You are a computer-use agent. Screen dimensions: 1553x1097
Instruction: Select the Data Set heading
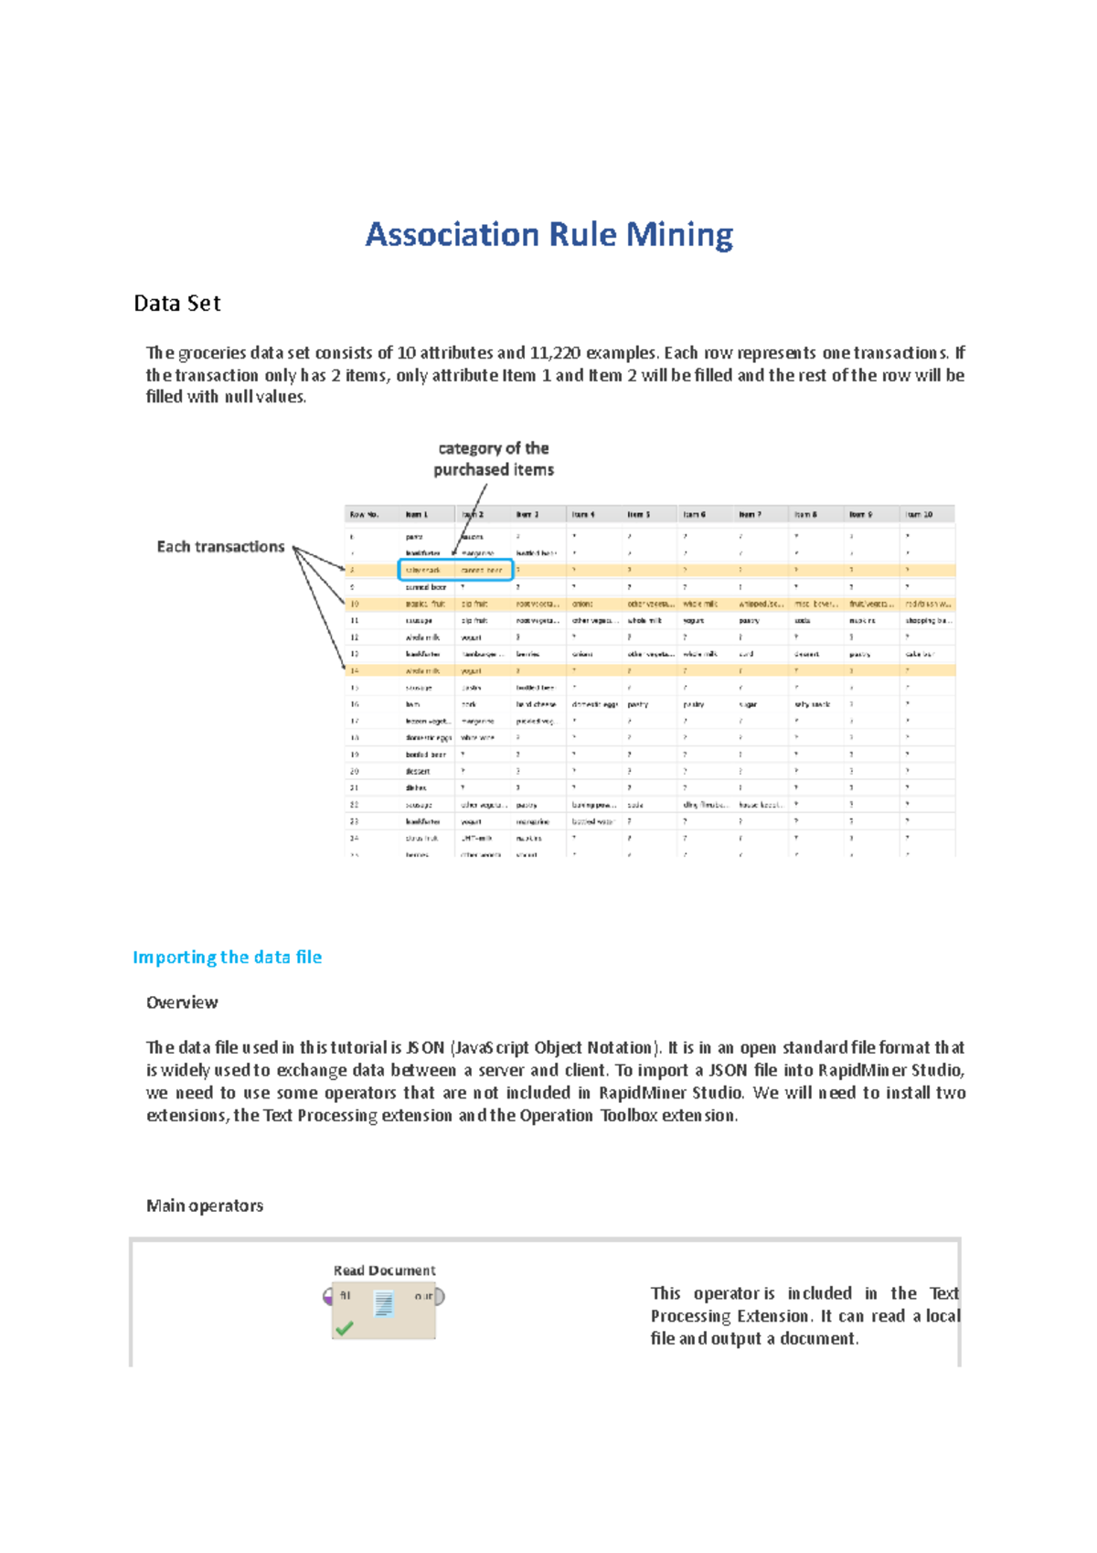pos(176,304)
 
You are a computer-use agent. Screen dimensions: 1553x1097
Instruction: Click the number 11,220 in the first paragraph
pos(555,353)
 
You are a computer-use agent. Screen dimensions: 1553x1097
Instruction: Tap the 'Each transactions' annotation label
pos(220,547)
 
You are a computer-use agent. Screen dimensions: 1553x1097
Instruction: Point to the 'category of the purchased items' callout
pos(494,459)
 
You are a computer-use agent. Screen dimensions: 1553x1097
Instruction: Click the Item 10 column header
pos(919,515)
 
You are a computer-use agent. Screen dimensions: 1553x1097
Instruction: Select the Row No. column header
pos(364,515)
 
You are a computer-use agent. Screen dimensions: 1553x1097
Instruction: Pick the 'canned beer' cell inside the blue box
pos(482,571)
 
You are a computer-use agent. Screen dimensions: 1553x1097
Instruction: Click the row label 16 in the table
pos(355,705)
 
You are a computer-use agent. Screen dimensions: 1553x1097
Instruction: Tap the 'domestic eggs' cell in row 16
pos(594,705)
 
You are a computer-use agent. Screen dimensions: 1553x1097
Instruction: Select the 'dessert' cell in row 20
pos(418,772)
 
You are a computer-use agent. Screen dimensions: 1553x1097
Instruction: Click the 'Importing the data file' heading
pos(227,958)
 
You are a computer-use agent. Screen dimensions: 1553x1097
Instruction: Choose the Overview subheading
pos(182,1003)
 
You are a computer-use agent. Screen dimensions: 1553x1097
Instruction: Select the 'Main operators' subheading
pos(205,1206)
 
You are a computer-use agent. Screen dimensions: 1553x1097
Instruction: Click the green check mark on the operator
pos(345,1328)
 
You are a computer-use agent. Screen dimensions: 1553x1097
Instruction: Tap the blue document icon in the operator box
pos(384,1303)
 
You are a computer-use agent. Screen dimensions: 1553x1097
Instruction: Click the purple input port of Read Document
pos(328,1297)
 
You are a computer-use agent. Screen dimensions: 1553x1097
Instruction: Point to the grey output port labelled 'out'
pos(440,1297)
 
